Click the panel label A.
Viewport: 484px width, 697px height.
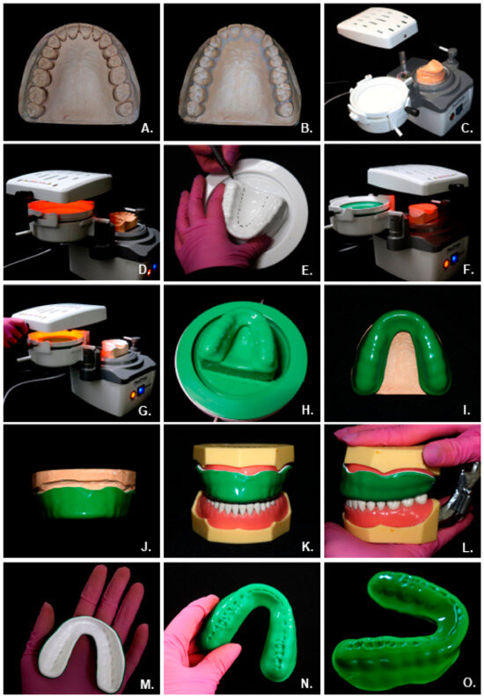pos(146,128)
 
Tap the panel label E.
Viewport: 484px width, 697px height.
pos(307,269)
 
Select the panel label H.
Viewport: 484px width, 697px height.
pos(306,410)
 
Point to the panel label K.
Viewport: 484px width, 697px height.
pos(306,546)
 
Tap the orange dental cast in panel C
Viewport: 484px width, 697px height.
pos(429,71)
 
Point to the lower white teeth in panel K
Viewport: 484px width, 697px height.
pos(240,503)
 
